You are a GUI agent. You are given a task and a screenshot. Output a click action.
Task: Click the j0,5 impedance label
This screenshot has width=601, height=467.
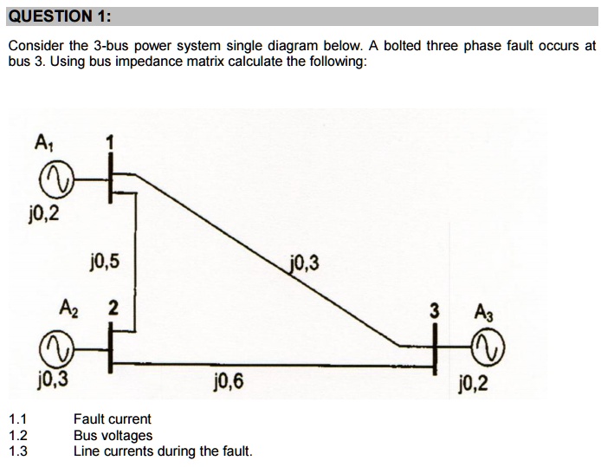click(106, 260)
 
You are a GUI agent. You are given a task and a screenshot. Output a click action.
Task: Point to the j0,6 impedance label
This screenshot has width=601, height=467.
click(227, 379)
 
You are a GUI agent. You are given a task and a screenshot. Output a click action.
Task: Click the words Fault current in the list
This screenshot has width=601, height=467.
click(112, 419)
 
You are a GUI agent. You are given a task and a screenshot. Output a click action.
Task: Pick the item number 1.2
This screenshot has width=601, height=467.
click(17, 436)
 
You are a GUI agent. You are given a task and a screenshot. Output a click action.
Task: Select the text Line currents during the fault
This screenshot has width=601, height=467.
click(162, 451)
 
